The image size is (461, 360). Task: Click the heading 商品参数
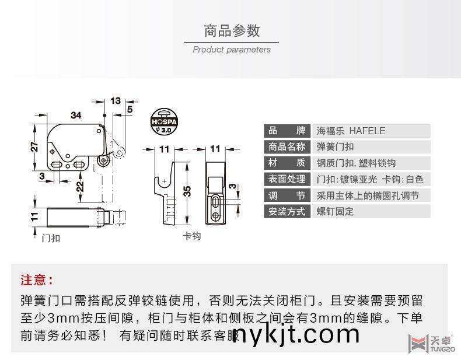[231, 30]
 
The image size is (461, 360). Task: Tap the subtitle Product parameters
[231, 50]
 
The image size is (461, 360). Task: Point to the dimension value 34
[76, 115]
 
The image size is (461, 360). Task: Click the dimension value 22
[79, 186]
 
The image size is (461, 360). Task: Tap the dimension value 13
[115, 101]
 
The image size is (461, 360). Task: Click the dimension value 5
[129, 109]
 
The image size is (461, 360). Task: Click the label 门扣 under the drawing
[51, 237]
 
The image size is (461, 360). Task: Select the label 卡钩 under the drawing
[192, 236]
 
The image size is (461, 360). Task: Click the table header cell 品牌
[286, 131]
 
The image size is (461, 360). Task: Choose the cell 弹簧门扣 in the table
[335, 147]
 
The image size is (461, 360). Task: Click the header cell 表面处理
[286, 179]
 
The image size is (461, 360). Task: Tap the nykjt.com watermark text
[296, 334]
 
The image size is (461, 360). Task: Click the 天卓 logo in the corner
[432, 344]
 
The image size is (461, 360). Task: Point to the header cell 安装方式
[286, 211]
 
